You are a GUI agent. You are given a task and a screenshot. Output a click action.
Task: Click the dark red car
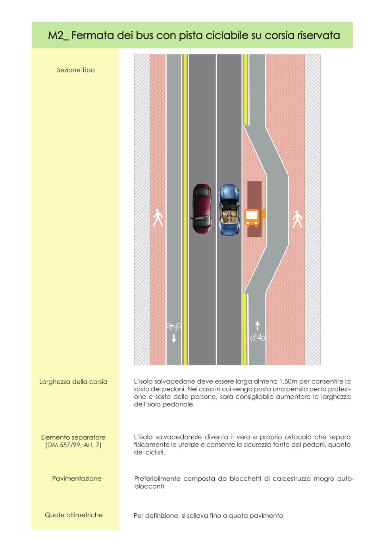click(x=202, y=209)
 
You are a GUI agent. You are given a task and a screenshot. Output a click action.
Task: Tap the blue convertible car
click(x=229, y=210)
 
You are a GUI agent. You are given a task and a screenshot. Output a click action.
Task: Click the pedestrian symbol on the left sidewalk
click(x=158, y=218)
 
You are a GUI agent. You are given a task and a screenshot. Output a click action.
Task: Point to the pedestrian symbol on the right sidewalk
click(x=297, y=219)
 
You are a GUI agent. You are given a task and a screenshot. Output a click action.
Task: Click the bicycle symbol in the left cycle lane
click(x=174, y=326)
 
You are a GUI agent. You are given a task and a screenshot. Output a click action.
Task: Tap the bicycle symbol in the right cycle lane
click(x=257, y=337)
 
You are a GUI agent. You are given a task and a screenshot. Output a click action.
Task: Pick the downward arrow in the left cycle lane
click(x=174, y=338)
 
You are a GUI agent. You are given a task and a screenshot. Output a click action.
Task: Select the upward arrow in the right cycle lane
click(x=257, y=325)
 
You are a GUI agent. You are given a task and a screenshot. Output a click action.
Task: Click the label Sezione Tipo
click(x=76, y=70)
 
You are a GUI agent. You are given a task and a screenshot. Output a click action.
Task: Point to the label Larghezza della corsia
click(x=73, y=382)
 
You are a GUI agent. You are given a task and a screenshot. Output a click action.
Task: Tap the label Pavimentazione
click(x=77, y=478)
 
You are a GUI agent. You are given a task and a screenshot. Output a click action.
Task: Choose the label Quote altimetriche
click(x=73, y=515)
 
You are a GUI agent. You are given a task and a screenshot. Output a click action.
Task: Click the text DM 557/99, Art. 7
click(x=73, y=445)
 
